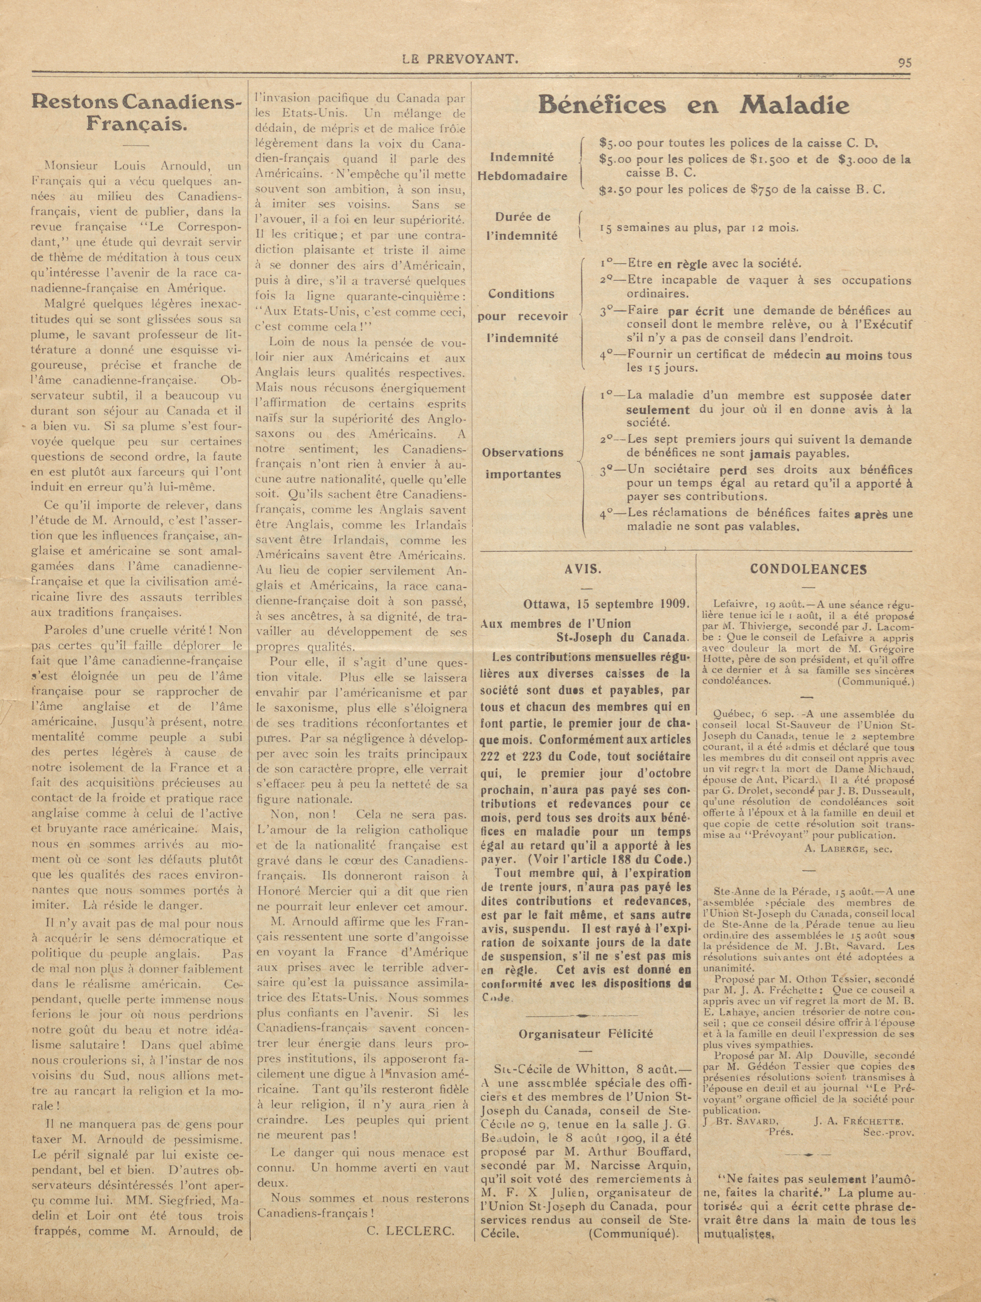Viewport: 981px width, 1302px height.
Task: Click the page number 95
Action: point(904,62)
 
